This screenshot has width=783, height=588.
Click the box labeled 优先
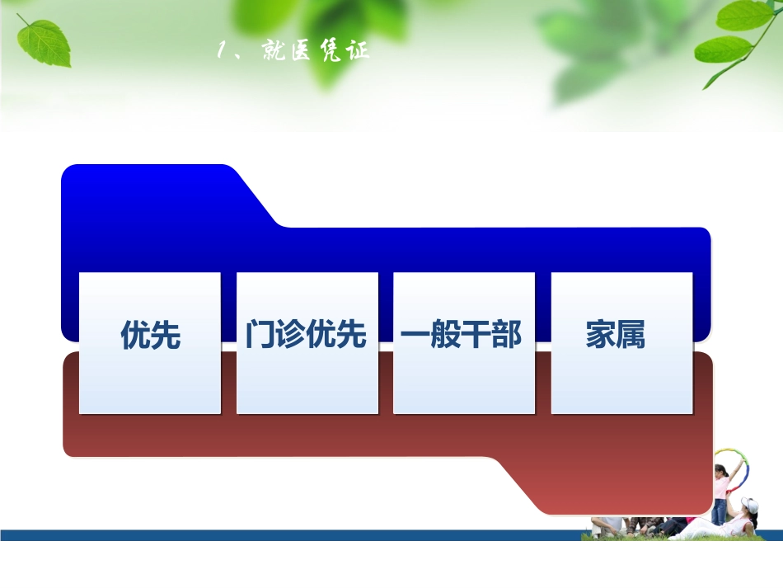click(x=150, y=342)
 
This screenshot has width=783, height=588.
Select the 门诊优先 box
click(x=307, y=342)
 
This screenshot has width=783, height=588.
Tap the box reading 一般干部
click(x=463, y=342)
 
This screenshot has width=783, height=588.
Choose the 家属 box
click(x=621, y=342)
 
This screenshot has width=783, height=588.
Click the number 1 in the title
click(x=222, y=51)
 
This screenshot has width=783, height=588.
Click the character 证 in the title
click(x=357, y=51)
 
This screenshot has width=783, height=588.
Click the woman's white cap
click(x=749, y=504)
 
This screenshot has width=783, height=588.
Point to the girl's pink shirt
click(x=721, y=487)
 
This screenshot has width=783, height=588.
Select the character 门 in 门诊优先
click(x=260, y=336)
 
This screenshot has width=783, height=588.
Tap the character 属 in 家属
click(x=631, y=336)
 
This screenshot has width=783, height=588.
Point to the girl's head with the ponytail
click(x=720, y=471)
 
